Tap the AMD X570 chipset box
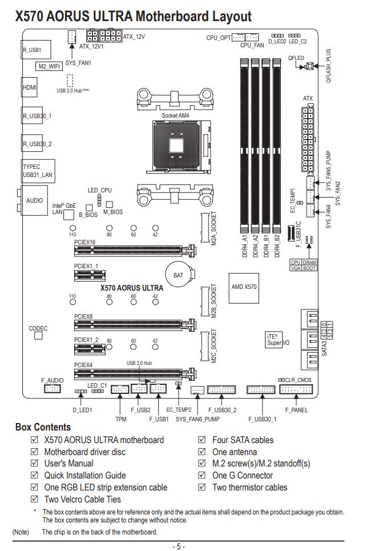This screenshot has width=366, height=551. coord(244,288)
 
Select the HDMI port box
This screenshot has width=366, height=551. coord(30,87)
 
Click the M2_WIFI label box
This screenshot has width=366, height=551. coord(49,66)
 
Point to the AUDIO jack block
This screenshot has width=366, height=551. coord(34,200)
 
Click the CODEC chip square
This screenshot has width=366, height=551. coord(38,336)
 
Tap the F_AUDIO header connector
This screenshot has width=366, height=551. coord(53,389)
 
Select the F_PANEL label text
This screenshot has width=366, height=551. coord(296,410)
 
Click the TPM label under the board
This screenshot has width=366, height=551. coord(120,419)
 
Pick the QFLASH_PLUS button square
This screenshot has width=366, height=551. coord(310,66)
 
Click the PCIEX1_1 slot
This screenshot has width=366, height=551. coord(90,275)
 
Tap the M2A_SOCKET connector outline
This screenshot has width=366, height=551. coord(205,227)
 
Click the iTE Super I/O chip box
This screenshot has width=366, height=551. coord(274,340)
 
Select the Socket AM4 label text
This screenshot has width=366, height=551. coord(175,115)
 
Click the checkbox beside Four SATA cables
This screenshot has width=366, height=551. coord(202,440)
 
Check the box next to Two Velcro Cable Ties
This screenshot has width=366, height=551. coord(34,499)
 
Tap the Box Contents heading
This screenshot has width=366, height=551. coord(43,427)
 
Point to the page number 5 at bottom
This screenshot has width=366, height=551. coord(179,546)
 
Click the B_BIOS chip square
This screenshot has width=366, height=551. coord(89,208)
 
